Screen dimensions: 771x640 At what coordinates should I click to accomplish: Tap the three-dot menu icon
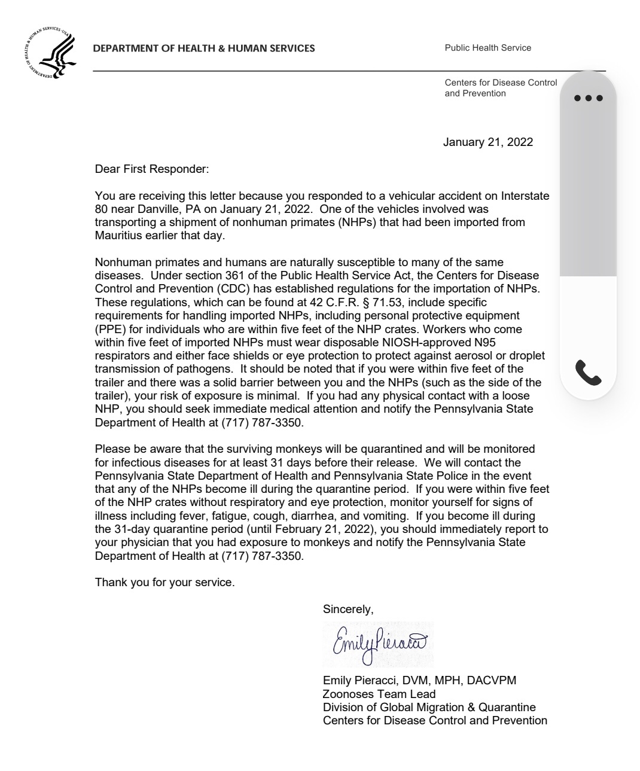coord(587,98)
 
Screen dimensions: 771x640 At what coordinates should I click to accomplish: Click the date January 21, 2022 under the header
coord(487,142)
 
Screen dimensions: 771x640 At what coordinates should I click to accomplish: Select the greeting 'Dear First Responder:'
coord(152,169)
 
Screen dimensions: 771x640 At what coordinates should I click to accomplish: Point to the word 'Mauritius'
coord(118,236)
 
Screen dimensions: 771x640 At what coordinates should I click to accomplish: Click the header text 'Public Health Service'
coord(487,48)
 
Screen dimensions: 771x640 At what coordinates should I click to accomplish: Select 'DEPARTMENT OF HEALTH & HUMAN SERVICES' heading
coord(203,48)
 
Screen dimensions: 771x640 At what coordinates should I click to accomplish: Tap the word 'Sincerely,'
coord(348,610)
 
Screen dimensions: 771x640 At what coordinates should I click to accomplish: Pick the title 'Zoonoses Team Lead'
coord(379,694)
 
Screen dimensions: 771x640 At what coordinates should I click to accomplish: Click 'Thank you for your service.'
coord(164,582)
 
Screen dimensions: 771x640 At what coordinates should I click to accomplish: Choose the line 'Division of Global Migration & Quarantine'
coord(429,707)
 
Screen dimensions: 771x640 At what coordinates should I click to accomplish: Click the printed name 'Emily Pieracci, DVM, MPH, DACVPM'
coord(419,681)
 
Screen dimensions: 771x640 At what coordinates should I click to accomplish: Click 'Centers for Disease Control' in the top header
coord(501,83)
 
